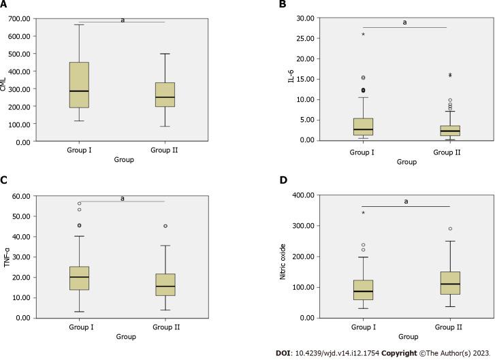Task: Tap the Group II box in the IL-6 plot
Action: coord(447,131)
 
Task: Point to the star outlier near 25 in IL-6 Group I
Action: coord(363,35)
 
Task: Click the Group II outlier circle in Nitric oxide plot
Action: coord(450,229)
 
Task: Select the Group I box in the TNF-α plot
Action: coord(80,278)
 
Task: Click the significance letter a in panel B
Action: coord(404,22)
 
